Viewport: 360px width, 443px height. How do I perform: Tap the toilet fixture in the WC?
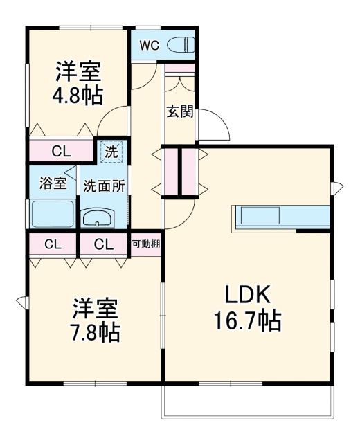[181, 46]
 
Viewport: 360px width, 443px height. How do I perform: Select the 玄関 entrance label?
[179, 111]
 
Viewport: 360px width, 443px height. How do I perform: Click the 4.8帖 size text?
[78, 93]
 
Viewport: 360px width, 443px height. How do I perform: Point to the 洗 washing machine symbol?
[111, 150]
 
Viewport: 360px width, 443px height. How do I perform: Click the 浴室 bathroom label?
[53, 183]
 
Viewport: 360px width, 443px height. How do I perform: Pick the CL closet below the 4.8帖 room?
[60, 151]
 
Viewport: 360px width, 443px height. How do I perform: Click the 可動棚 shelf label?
[146, 244]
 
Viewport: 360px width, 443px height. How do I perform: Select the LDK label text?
[246, 295]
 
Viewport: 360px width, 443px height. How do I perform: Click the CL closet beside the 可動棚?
[104, 244]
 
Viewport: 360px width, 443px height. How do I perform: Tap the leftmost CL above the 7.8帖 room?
[53, 244]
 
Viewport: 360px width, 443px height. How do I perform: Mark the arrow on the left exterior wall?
[21, 301]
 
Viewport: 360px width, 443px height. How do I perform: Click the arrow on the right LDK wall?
[337, 186]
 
